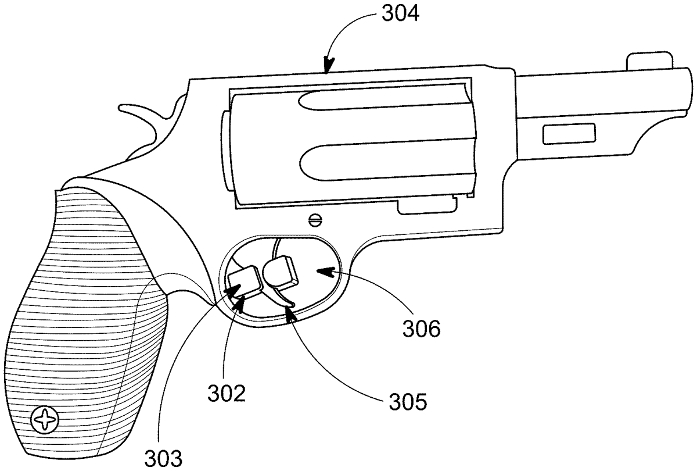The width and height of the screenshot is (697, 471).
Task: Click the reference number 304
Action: pos(400,14)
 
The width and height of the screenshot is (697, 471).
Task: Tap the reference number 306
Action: pos(421,329)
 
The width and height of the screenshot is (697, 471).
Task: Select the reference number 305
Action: pos(408,402)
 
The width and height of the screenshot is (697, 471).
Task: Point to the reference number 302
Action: pos(227,394)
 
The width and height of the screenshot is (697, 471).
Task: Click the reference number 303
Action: pos(163,458)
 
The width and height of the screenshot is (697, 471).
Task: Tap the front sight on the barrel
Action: pos(650,61)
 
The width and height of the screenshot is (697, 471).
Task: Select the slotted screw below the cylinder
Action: pos(315,220)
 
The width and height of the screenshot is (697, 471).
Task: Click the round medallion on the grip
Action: pos(45,420)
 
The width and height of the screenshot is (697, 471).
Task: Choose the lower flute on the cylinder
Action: pos(387,162)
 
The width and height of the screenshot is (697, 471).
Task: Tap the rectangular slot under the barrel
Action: pos(569,134)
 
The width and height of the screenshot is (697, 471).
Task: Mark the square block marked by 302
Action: pos(245,282)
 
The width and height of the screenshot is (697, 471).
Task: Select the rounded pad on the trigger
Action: pos(280,272)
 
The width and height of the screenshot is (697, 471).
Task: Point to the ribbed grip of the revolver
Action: pos(84,324)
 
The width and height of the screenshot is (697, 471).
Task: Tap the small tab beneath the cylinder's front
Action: pos(427,206)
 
